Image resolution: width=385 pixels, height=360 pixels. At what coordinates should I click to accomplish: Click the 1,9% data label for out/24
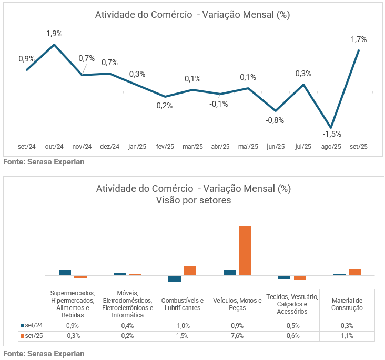coord(54,34)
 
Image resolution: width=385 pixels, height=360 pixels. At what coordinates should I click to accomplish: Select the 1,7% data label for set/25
coord(359,39)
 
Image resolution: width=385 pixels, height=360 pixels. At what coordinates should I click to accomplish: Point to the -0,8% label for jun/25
coord(275,120)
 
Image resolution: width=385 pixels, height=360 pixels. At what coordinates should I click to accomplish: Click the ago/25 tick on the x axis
coord(331,147)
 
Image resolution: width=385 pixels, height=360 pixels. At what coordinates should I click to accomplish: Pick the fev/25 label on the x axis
coord(165,147)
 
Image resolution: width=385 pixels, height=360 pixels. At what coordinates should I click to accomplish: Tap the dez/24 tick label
coord(109,147)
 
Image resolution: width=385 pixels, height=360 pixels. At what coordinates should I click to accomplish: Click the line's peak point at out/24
coord(54,45)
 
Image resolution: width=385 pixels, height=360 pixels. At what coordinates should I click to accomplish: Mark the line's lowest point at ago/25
coord(331,128)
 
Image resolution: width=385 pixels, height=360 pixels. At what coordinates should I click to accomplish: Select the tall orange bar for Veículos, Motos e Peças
coord(245,251)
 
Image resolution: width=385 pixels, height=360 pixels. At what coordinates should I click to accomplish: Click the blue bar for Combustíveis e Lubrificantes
coord(175,279)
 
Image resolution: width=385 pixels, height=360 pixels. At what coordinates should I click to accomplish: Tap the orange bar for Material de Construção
coord(355,272)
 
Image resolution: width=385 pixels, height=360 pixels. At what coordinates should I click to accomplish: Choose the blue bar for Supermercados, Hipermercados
coord(65,272)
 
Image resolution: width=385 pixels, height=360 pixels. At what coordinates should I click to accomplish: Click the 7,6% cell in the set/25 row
coord(237,336)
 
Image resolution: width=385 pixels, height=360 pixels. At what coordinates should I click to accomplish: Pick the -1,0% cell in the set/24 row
coord(182,326)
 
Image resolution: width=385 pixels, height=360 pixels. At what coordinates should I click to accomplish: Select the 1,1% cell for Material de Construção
coord(347,336)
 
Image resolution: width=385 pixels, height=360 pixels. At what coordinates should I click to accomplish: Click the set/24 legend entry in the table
coord(31,326)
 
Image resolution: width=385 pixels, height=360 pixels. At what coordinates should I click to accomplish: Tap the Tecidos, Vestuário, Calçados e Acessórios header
coord(292,304)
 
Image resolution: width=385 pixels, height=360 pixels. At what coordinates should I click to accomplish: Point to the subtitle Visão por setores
coord(193,200)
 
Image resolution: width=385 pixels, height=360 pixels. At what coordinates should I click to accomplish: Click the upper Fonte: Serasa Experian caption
coord(44,162)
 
